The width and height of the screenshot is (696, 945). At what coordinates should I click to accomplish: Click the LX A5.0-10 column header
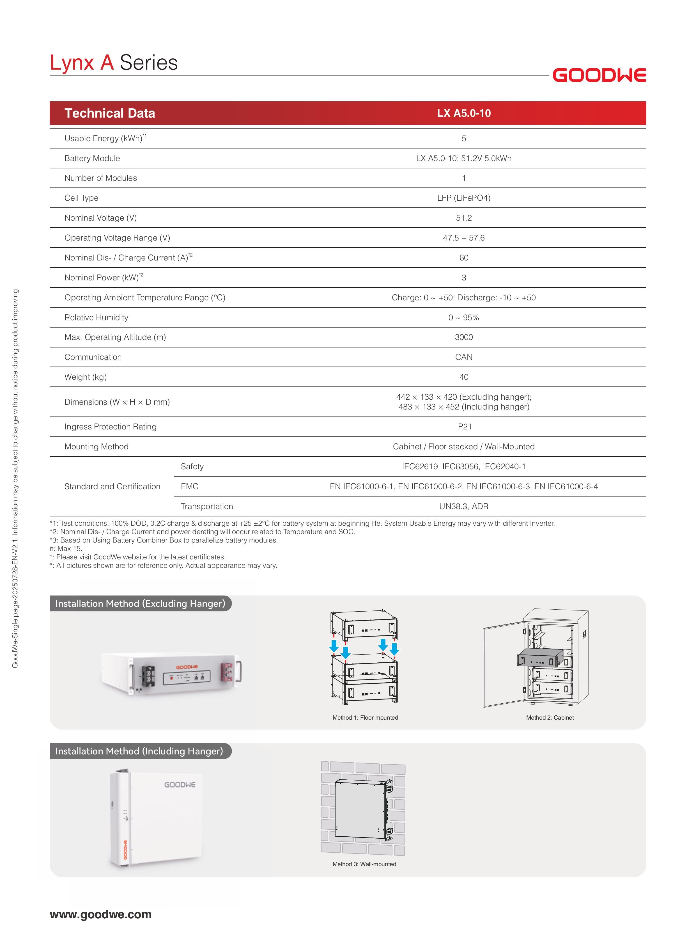[463, 113]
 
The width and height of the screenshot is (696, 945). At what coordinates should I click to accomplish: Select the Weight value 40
[463, 377]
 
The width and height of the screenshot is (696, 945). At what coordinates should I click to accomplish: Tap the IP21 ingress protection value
[463, 427]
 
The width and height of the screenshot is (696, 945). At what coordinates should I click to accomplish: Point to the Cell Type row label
[81, 198]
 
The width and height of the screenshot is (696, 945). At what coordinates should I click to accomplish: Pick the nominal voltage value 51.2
[463, 218]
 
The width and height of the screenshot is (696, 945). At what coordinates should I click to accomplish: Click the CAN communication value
[463, 357]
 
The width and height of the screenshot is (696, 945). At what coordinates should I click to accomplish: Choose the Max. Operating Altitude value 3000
[463, 337]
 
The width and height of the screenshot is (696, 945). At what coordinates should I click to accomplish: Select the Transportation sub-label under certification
[206, 506]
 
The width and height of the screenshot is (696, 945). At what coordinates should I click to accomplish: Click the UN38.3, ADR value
[463, 506]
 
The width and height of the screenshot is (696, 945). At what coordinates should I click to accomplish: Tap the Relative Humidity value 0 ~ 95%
[463, 317]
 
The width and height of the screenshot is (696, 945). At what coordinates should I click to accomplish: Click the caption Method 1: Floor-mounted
[365, 717]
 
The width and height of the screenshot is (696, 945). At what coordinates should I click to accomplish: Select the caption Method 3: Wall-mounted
[364, 864]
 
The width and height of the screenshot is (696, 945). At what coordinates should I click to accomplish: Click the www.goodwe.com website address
[101, 914]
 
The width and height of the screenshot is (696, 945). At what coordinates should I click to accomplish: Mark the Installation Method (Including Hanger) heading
[139, 751]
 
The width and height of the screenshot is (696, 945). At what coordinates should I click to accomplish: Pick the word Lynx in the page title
[72, 63]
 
